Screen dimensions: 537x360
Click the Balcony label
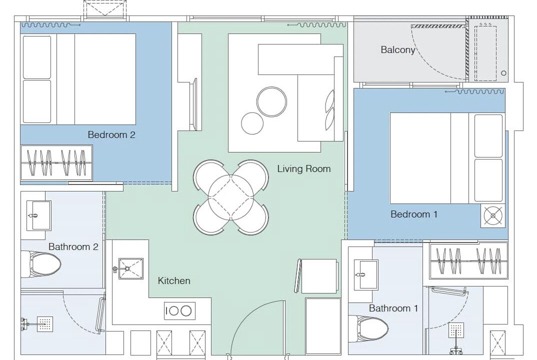click(x=397, y=50)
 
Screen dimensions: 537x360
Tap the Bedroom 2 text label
click(x=111, y=134)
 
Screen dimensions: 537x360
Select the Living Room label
click(x=304, y=168)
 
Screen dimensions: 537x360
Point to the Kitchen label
click(x=174, y=280)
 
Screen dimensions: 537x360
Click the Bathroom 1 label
click(x=393, y=308)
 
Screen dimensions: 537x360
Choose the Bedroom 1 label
click(x=414, y=214)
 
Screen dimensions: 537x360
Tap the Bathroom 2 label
click(x=73, y=246)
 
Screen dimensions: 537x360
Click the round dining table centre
click(x=231, y=197)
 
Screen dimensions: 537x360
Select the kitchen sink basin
click(x=131, y=268)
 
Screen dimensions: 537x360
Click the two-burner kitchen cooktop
click(x=179, y=311)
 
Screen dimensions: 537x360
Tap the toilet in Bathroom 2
click(x=41, y=264)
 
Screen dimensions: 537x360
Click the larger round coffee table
click(x=271, y=101)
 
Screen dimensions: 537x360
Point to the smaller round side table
click(x=252, y=123)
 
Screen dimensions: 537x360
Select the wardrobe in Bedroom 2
click(x=56, y=162)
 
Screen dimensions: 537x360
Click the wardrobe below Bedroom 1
click(x=468, y=260)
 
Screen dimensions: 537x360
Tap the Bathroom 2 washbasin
click(x=38, y=215)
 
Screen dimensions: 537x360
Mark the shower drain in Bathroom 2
click(x=45, y=324)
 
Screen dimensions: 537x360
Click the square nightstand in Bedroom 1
click(x=493, y=216)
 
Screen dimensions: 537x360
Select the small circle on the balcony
click(x=503, y=73)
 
